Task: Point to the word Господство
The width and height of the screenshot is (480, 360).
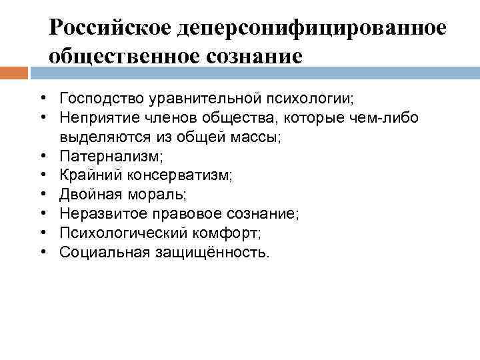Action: click(98, 99)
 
